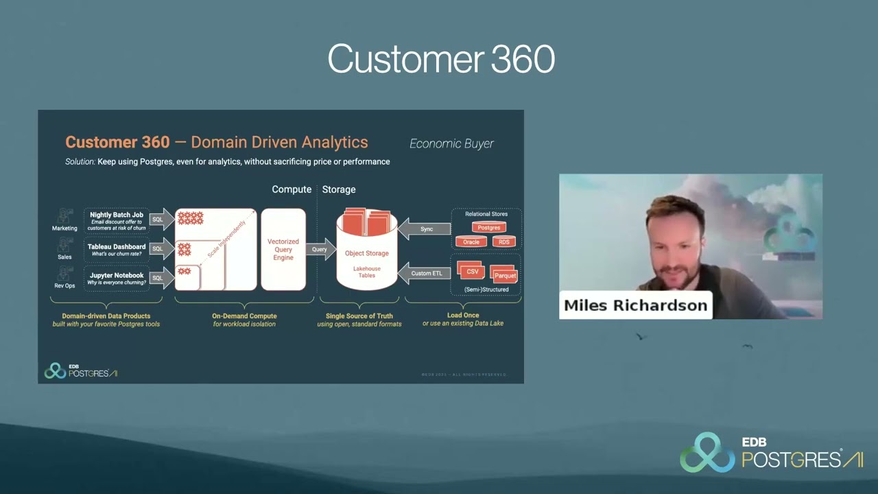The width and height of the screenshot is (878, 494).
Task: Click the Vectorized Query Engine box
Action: tap(283, 250)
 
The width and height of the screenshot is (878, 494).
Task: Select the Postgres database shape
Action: tap(489, 228)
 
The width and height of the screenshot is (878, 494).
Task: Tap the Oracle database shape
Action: tap(471, 242)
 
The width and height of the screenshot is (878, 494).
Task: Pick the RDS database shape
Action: tap(504, 242)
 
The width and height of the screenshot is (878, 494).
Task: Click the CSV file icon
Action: tap(472, 271)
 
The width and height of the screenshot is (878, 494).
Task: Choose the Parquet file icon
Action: tap(504, 274)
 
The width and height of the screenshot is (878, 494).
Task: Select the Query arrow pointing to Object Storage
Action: tap(320, 249)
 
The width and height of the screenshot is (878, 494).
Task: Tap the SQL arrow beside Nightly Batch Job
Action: tap(161, 220)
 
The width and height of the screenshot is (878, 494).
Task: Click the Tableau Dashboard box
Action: tap(117, 250)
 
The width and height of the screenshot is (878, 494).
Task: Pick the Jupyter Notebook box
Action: tap(116, 279)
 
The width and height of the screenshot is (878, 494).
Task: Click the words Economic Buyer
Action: tap(451, 143)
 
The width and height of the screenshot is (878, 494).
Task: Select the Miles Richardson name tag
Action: tap(635, 305)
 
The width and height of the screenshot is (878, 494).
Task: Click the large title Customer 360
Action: tap(440, 59)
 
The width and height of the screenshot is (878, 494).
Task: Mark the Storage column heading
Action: tap(339, 189)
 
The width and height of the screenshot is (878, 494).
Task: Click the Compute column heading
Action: tap(292, 189)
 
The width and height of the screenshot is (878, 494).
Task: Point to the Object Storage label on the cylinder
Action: tap(366, 253)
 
